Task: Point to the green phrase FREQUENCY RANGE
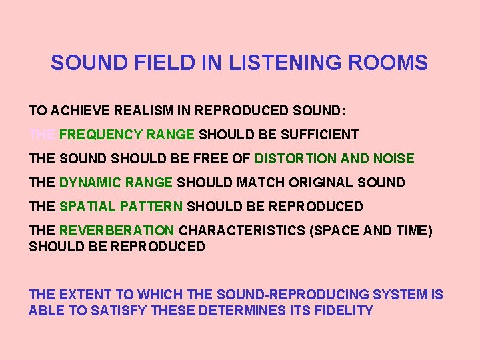[127, 135]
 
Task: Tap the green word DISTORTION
[295, 159]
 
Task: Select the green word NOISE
[393, 159]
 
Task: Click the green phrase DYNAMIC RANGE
[116, 183]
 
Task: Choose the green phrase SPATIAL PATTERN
[121, 207]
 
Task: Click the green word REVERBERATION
[117, 231]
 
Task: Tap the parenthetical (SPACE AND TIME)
[374, 231]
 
